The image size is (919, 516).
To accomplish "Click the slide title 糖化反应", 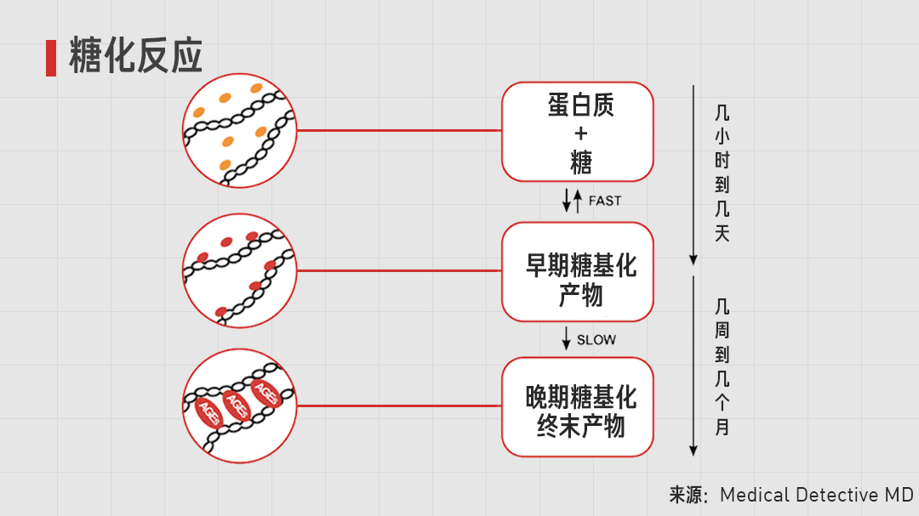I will [136, 57].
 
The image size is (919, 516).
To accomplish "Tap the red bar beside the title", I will [51, 58].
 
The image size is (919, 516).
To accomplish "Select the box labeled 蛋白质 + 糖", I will [578, 132].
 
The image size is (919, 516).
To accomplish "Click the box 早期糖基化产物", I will [578, 272].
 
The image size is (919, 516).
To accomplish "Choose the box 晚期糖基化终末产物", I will [578, 407].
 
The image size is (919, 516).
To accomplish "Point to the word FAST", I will [605, 201].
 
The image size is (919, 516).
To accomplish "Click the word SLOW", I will [596, 340].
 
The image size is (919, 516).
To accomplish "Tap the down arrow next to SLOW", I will [566, 337].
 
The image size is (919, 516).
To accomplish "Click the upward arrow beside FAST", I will [579, 200].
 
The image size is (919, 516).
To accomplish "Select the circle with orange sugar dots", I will [240, 131].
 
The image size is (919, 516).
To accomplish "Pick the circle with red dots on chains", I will [240, 270].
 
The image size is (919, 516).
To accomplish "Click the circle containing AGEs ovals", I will [240, 405].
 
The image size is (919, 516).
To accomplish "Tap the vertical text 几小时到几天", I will [722, 173].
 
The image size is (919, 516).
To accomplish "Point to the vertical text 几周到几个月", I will [722, 366].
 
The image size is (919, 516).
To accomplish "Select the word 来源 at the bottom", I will [688, 495].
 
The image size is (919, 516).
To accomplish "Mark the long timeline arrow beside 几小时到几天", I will [694, 174].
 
